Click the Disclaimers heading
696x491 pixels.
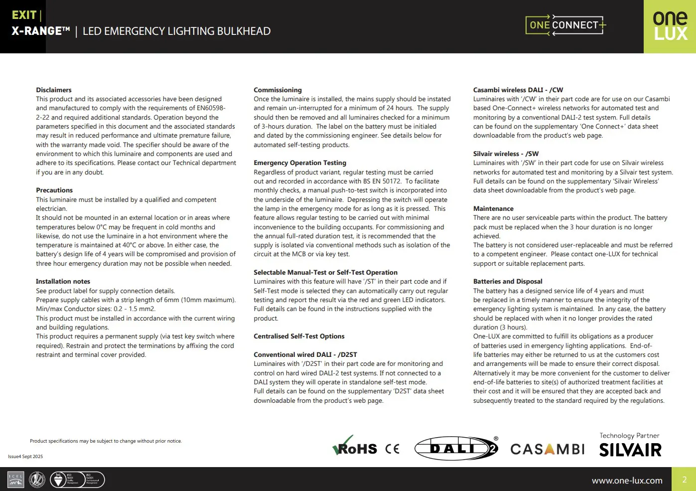coord(54,90)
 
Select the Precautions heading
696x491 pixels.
coord(54,190)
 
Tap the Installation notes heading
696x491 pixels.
coord(63,282)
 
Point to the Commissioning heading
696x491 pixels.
coord(278,90)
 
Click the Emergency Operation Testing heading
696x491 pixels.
coord(300,163)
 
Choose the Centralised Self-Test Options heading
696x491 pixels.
coord(299,336)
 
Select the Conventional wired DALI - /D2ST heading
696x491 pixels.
coord(305,355)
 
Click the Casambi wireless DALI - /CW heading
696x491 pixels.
coord(518,90)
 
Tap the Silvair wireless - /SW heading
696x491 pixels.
coord(506,154)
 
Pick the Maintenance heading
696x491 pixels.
coord(493,209)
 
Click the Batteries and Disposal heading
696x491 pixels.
coord(508,282)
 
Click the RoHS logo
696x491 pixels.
coord(355,447)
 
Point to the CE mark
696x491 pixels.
coord(393,449)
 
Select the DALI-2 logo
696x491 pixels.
coord(456,448)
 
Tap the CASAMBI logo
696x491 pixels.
coord(548,449)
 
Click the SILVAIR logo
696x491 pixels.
coord(630,450)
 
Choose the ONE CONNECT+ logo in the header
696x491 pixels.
coord(565,25)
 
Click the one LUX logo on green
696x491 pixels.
coord(670,26)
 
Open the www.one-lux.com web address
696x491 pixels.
coord(627,481)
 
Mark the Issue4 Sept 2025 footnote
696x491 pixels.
coord(25,457)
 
